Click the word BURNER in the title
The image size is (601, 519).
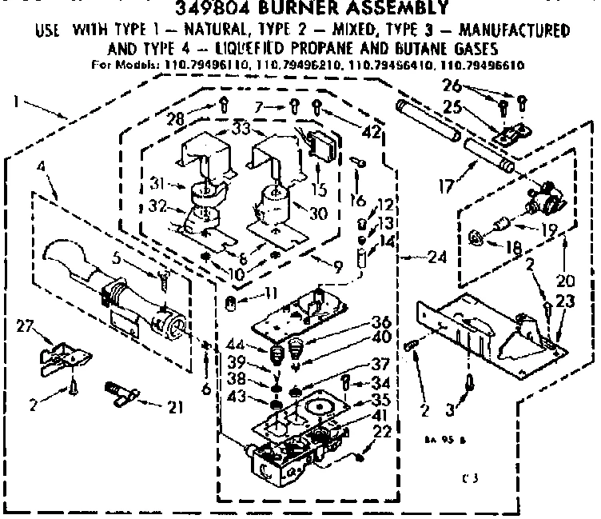pyautogui.click(x=308, y=9)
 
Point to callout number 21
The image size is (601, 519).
pyautogui.click(x=173, y=406)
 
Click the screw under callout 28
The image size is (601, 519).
pyautogui.click(x=225, y=102)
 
